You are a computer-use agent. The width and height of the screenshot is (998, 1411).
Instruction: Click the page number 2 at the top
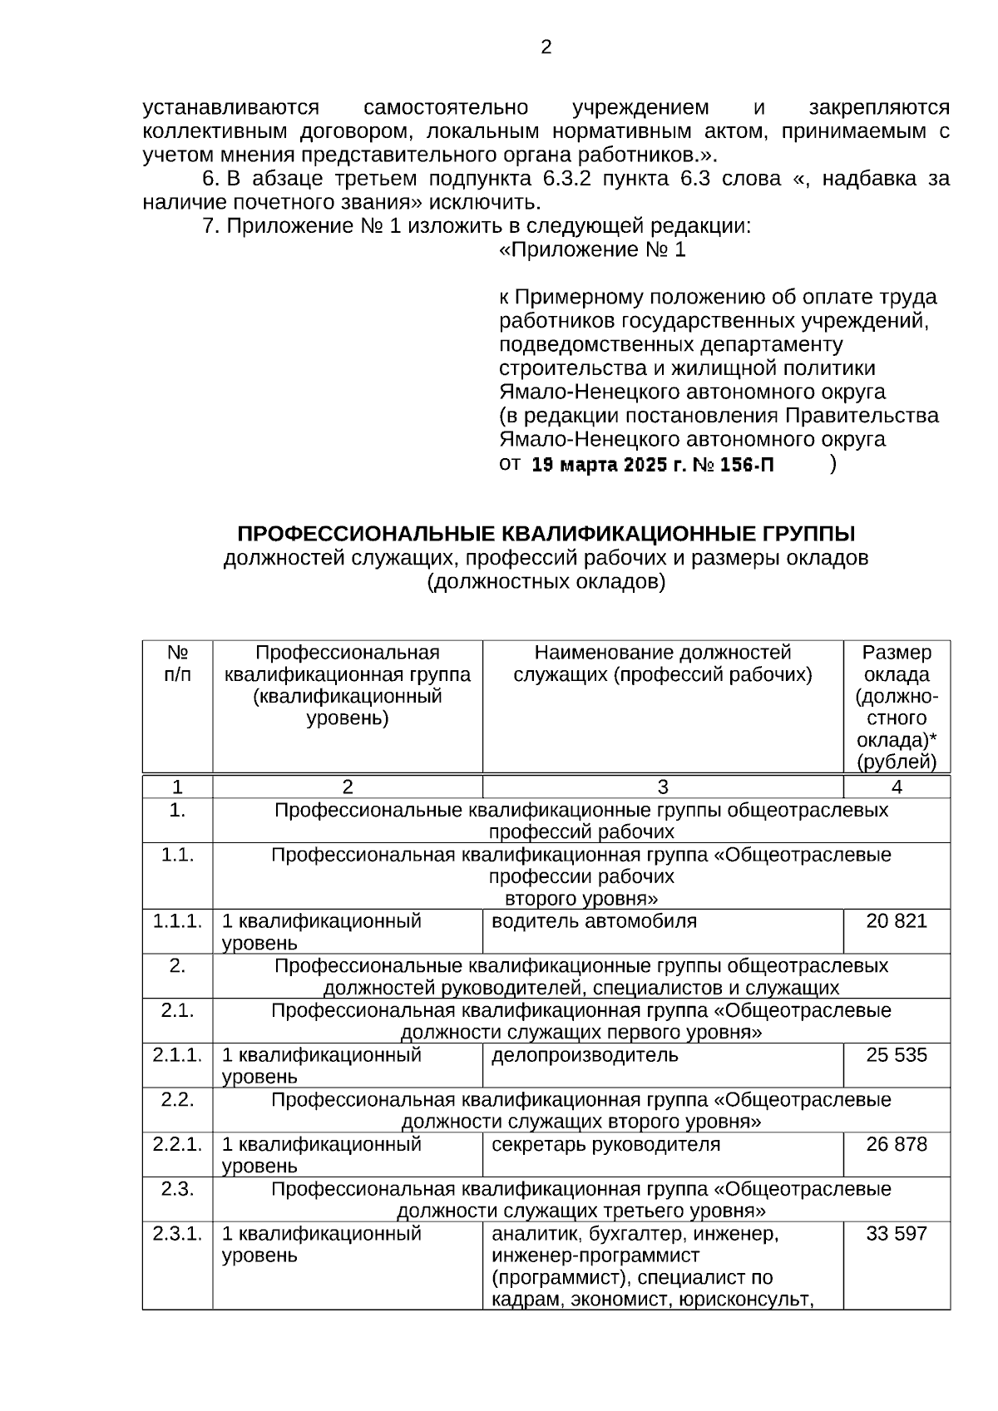pos(546,47)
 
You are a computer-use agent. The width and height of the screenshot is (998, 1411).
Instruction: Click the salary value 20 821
pos(896,920)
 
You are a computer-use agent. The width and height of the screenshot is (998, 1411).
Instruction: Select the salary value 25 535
pos(896,1054)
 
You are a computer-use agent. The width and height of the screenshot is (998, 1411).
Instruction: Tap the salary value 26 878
pos(896,1143)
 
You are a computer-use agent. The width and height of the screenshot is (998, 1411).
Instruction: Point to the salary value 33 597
pos(896,1233)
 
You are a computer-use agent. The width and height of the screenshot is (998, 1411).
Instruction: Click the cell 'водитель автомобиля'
pos(594,920)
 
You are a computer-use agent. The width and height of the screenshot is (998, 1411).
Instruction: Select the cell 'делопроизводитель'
pos(585,1054)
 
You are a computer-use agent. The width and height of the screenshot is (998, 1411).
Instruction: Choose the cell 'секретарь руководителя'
pos(605,1143)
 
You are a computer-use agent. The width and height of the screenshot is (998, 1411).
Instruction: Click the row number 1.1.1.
pos(177,920)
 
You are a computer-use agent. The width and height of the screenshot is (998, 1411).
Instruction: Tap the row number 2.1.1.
pos(177,1054)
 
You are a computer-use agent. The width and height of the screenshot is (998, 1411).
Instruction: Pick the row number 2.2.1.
pos(177,1143)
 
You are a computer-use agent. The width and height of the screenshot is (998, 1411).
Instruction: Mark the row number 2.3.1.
pos(177,1233)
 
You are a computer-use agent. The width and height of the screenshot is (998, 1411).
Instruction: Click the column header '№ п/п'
pos(177,664)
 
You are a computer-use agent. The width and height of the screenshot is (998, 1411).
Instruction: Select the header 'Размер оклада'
pos(896,664)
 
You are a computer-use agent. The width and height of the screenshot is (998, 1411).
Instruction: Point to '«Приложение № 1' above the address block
pos(592,249)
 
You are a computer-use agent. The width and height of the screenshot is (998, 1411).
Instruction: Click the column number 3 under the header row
pos(662,787)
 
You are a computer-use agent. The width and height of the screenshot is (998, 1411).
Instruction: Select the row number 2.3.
pos(177,1188)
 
